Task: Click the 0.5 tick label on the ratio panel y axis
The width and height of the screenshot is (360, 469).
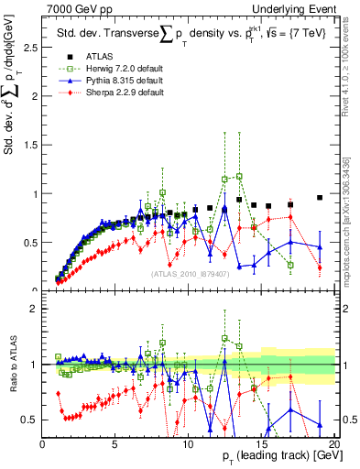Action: [x=27, y=420]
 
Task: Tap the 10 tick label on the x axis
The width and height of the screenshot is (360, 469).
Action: [x=187, y=443]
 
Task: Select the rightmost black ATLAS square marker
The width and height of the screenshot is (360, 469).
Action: [x=319, y=197]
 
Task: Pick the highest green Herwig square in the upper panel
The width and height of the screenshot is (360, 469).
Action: [x=239, y=176]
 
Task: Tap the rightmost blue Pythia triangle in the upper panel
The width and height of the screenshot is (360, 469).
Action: [x=319, y=246]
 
